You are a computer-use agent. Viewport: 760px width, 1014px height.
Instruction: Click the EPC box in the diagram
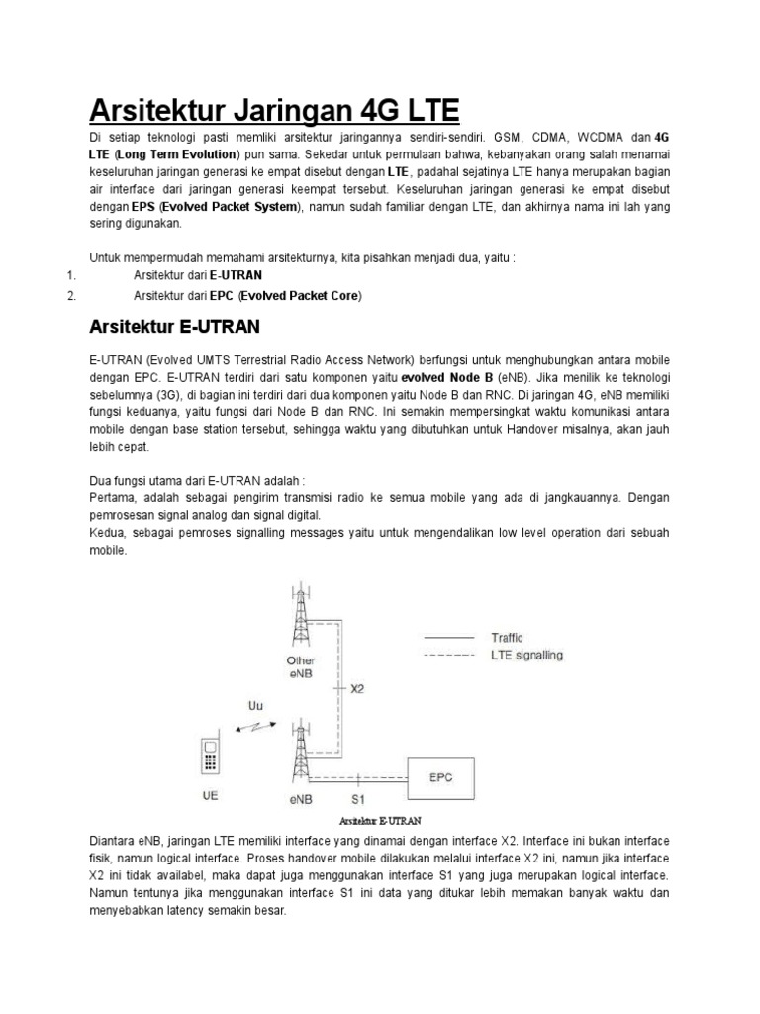[441, 777]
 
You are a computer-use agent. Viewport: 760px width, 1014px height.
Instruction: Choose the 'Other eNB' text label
[301, 666]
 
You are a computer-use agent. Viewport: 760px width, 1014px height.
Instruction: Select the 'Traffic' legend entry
[507, 638]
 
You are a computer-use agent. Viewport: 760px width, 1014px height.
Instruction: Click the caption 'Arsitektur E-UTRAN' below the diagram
[380, 821]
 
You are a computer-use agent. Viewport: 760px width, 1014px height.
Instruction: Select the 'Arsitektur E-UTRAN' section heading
[175, 326]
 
